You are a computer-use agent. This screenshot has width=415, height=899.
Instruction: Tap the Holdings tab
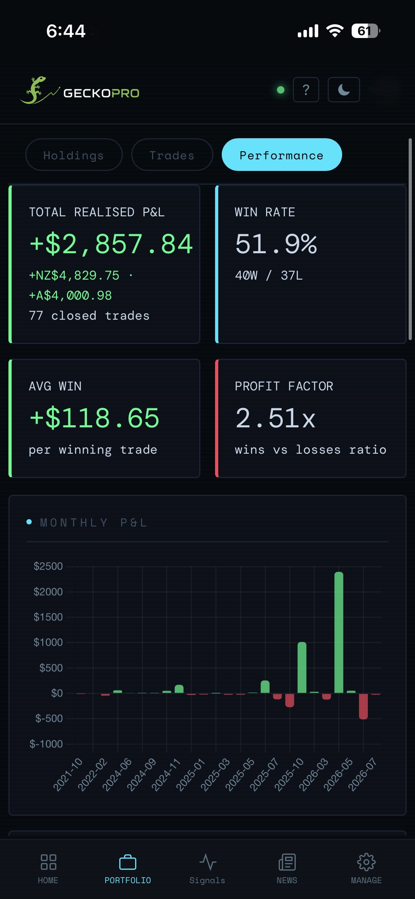tap(74, 155)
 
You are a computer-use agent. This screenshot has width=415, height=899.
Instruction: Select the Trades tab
tap(172, 155)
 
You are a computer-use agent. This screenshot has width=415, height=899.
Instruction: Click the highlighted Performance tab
tap(282, 155)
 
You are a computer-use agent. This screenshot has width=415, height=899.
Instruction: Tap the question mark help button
tap(306, 90)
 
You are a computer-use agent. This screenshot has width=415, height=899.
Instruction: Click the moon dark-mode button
tap(344, 90)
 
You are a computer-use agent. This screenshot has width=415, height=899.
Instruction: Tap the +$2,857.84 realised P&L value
tap(111, 244)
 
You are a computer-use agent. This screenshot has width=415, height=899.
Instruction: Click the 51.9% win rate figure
tap(276, 244)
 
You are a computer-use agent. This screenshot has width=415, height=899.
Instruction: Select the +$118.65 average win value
tap(94, 418)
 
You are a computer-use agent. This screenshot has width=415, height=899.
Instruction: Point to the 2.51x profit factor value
tap(275, 418)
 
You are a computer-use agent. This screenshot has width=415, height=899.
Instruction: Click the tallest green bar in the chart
tap(339, 632)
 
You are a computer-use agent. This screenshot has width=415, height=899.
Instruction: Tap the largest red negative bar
tap(363, 706)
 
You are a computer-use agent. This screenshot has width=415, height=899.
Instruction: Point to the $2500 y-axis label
tap(48, 566)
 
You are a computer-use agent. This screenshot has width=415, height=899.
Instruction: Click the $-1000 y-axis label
tap(46, 744)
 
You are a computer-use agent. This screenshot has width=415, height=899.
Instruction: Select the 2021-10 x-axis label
tap(68, 774)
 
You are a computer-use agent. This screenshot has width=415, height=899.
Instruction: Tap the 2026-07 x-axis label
tap(363, 774)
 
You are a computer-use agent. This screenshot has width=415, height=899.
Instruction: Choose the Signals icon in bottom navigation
tap(208, 862)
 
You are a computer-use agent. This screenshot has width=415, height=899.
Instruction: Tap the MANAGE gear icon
tap(366, 862)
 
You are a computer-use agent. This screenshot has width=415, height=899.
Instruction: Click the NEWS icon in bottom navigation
tap(287, 862)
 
